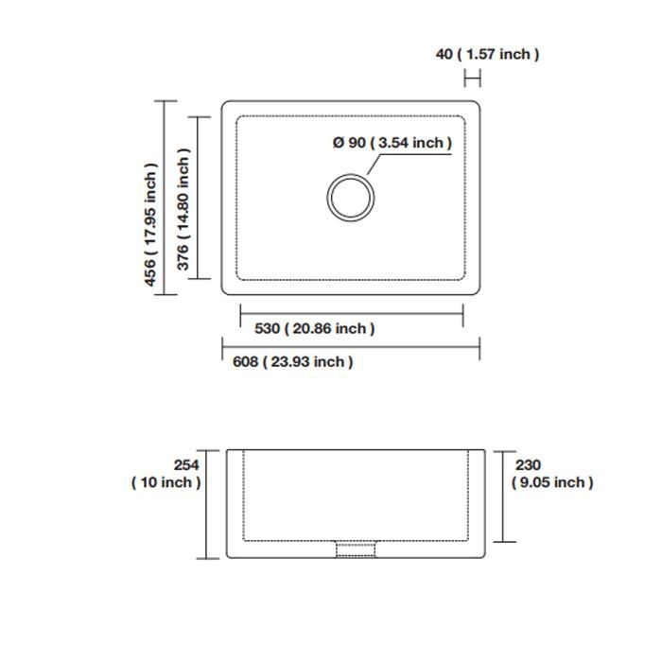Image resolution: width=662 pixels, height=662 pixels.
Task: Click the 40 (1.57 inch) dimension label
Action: pyautogui.click(x=487, y=55)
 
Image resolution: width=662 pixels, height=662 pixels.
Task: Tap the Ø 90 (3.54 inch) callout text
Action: pyautogui.click(x=392, y=143)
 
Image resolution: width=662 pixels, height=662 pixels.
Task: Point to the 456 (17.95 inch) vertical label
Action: pyautogui.click(x=150, y=225)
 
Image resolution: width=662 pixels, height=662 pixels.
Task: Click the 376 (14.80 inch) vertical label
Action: pyautogui.click(x=183, y=209)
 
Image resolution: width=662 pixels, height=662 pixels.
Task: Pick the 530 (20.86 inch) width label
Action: pyautogui.click(x=315, y=328)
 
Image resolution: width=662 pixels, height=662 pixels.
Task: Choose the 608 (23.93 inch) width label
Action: pyautogui.click(x=292, y=362)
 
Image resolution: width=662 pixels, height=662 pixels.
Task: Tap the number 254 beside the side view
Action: pyautogui.click(x=186, y=465)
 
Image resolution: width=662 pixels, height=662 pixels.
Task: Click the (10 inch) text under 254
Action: pyautogui.click(x=166, y=482)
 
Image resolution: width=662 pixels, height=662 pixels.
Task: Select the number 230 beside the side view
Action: pyautogui.click(x=528, y=465)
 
